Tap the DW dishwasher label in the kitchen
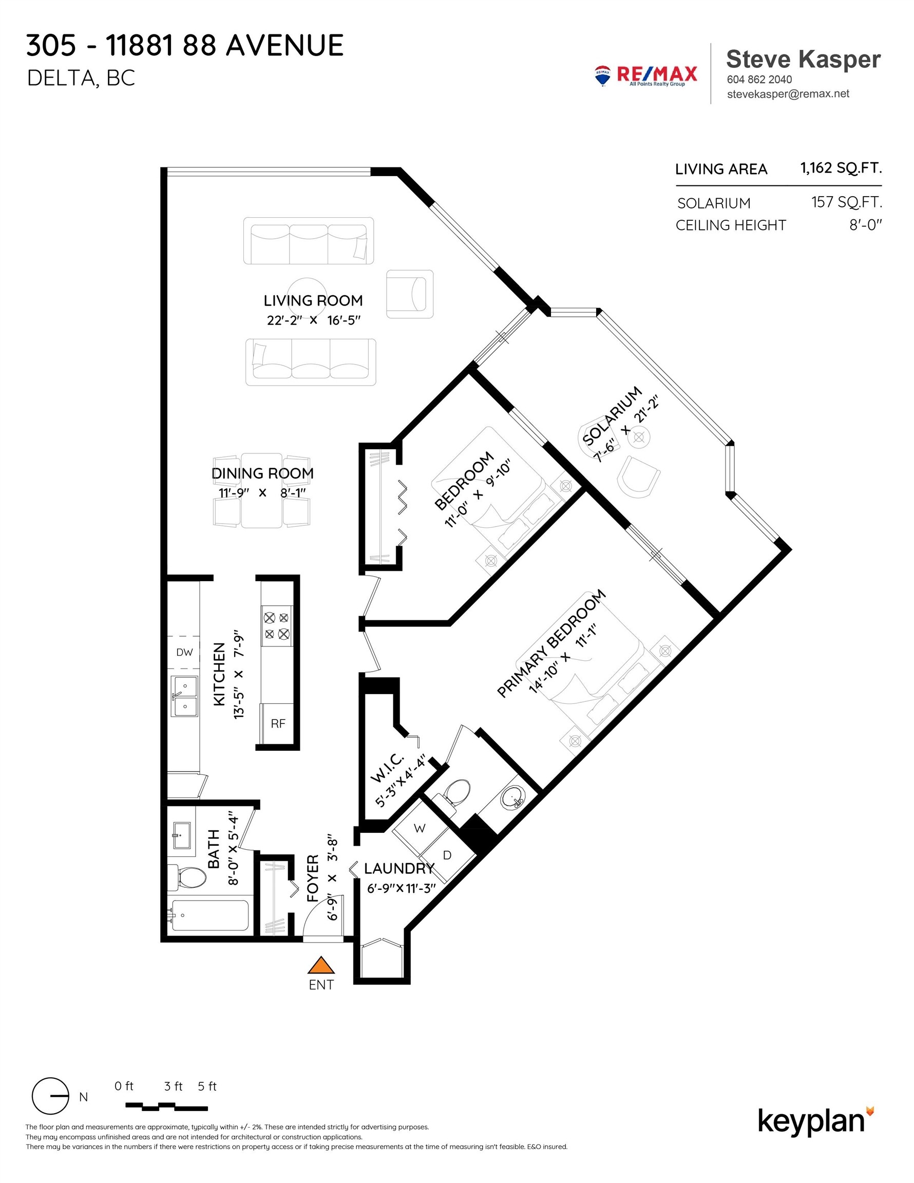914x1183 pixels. tap(184, 652)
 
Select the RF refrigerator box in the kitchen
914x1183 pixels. tap(277, 723)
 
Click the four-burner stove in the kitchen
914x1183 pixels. tap(276, 625)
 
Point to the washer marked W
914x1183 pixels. tap(420, 828)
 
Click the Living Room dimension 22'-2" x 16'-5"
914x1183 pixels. tap(313, 320)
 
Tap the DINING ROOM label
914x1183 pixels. tap(262, 473)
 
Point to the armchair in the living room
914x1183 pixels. tap(410, 294)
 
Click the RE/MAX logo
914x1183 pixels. tap(646, 75)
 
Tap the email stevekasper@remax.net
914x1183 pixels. tap(788, 94)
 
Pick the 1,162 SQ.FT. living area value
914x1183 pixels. tap(841, 168)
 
